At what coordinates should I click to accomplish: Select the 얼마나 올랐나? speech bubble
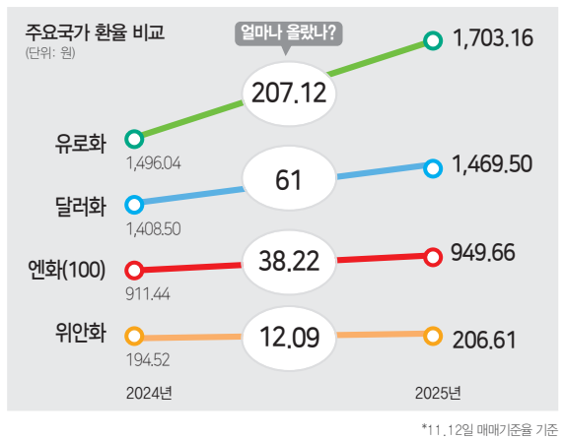point(288,34)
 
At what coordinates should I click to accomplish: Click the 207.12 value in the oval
point(289,94)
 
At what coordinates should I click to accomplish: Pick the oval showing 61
point(289,180)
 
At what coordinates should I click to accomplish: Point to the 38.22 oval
point(289,260)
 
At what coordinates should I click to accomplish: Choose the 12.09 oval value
point(289,339)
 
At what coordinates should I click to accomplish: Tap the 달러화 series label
point(81,208)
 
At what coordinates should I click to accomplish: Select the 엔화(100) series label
point(68,269)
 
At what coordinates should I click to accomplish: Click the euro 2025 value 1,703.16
point(492,40)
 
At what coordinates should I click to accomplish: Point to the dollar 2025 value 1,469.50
point(492,166)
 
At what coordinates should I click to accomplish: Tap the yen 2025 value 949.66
point(483,255)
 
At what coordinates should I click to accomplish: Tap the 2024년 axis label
point(150,395)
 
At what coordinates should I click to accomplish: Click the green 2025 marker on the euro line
point(432,40)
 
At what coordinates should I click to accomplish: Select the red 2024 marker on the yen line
point(134,269)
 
